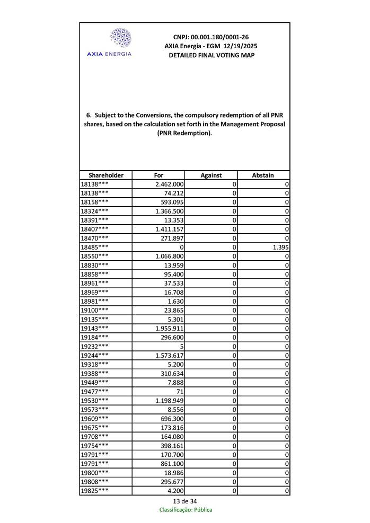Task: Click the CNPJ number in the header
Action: [211, 37]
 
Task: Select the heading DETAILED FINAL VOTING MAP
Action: [211, 55]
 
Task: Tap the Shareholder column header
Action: [106, 175]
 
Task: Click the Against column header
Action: [211, 175]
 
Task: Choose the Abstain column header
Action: [263, 175]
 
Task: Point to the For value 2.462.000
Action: [169, 184]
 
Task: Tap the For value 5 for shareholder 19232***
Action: [181, 346]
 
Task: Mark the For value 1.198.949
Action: [169, 400]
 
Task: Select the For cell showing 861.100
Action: [172, 463]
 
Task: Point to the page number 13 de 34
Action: [185, 501]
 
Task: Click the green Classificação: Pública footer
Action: [186, 510]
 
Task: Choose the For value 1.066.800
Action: [169, 256]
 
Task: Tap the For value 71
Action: [179, 391]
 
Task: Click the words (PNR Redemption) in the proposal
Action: [184, 134]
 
